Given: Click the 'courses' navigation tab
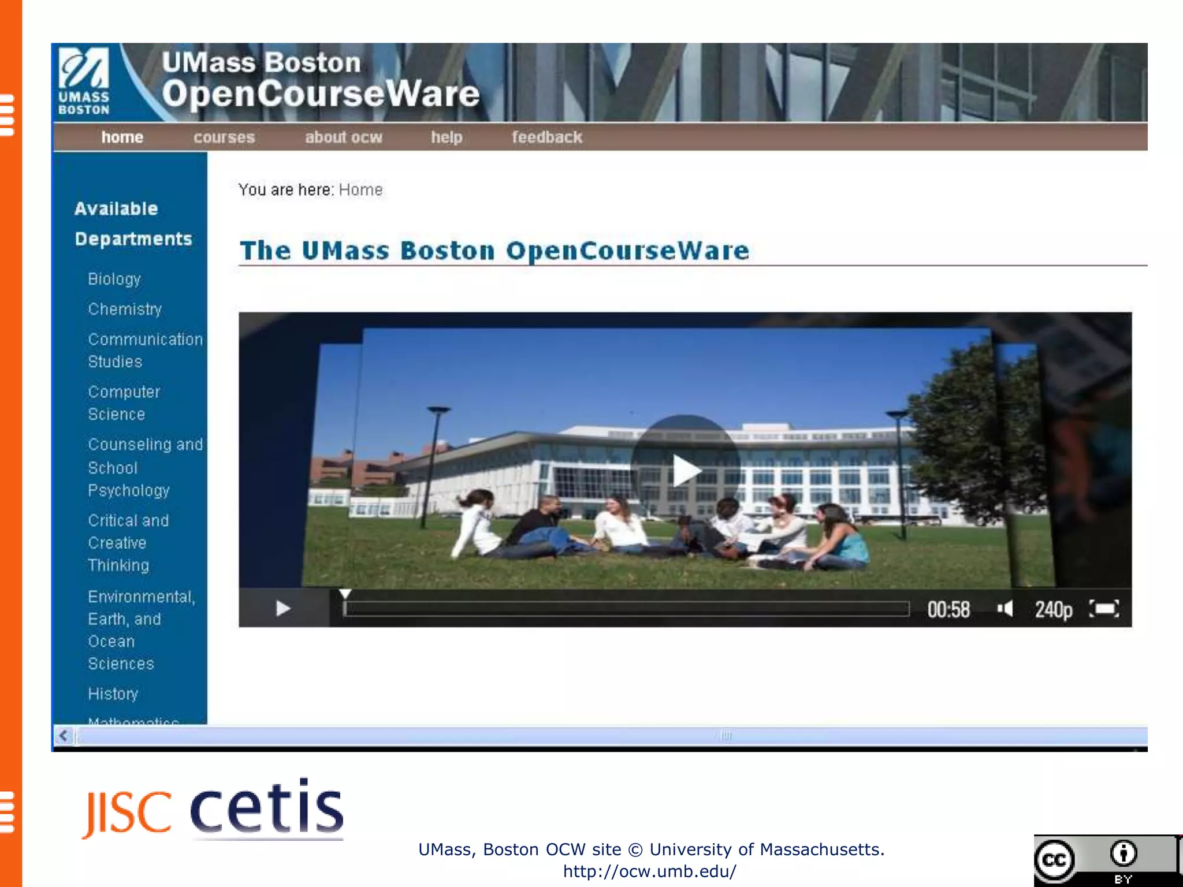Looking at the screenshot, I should [x=224, y=137].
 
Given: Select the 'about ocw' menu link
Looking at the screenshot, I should [x=344, y=137].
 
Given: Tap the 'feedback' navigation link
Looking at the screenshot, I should [x=546, y=137].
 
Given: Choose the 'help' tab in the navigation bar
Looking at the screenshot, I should [x=447, y=137].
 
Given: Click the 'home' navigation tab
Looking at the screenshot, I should [x=122, y=137].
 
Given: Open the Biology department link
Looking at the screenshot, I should [x=114, y=279].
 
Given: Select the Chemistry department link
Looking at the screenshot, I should [x=125, y=310].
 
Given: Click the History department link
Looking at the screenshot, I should [x=113, y=694].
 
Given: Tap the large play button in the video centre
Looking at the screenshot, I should [x=685, y=469].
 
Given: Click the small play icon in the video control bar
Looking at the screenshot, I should [x=283, y=608].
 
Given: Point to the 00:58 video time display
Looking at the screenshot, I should [x=948, y=609].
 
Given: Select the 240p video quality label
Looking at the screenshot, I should [x=1053, y=609].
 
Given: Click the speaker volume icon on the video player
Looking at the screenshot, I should [x=1005, y=609].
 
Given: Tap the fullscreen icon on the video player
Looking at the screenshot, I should [x=1104, y=609].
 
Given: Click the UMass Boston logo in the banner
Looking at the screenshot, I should [x=84, y=81].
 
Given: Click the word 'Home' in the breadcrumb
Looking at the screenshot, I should [x=360, y=190].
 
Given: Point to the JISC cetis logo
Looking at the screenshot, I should [x=214, y=808].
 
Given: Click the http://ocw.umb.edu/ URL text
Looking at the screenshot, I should [x=650, y=871].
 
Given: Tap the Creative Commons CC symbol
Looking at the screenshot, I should [x=1055, y=860].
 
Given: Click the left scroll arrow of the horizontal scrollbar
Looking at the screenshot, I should [x=64, y=736].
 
